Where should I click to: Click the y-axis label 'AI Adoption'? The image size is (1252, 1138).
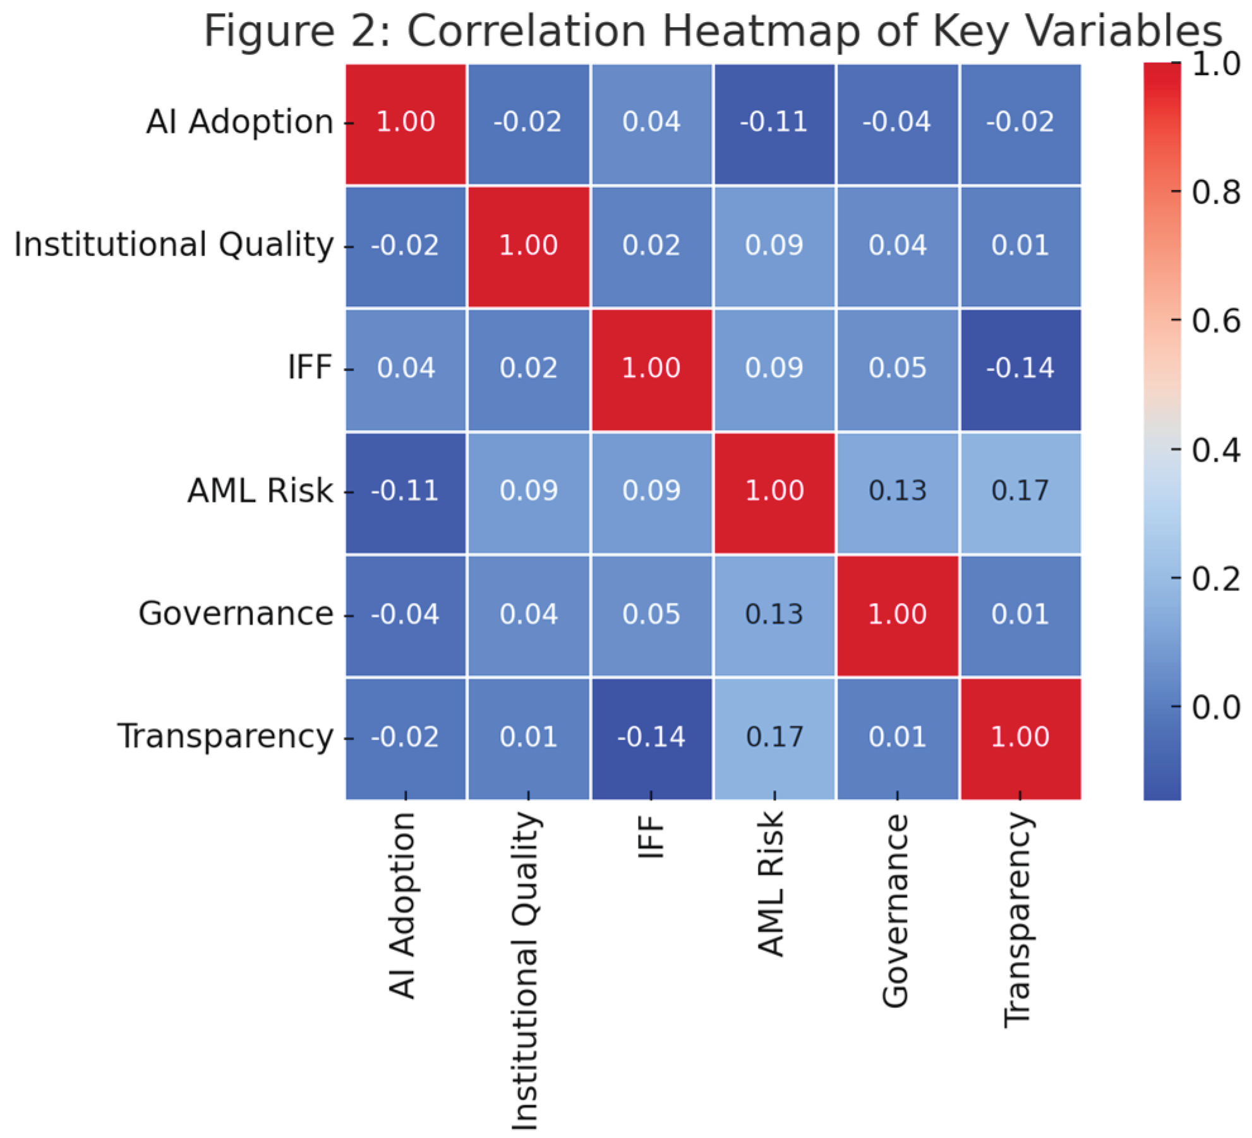tap(239, 122)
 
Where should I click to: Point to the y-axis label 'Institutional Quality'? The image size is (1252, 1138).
tap(174, 245)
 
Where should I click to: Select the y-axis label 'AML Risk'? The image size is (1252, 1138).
tap(260, 491)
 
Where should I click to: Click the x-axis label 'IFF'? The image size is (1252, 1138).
tap(651, 837)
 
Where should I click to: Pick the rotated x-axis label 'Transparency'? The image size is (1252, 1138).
tap(1018, 919)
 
